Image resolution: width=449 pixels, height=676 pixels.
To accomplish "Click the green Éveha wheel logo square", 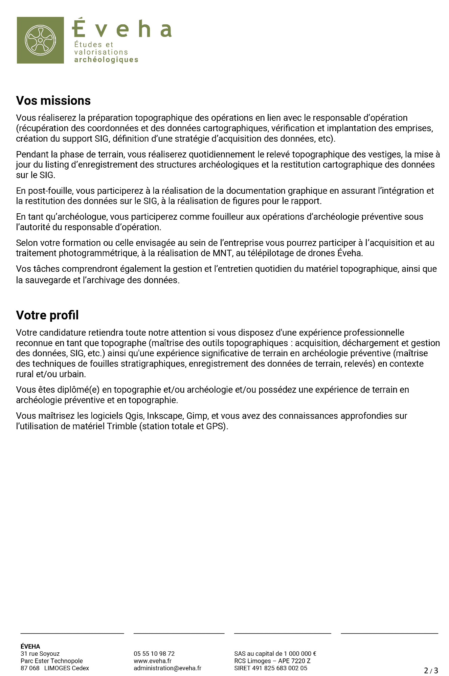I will (40, 40).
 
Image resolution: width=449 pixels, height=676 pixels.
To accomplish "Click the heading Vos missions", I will (53, 101).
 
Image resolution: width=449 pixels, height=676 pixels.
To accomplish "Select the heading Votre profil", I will (47, 315).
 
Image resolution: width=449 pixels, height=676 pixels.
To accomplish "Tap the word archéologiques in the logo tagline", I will (106, 60).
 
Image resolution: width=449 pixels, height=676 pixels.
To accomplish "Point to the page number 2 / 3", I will (431, 670).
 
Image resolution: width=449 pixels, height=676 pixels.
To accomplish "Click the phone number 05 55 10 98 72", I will (154, 654).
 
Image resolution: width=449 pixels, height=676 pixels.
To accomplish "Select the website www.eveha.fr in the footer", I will (152, 661).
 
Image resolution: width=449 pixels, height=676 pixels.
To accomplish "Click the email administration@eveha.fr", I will (167, 668).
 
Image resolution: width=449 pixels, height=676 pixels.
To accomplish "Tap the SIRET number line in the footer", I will (270, 668).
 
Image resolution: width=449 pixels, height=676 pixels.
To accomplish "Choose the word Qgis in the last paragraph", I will (134, 416).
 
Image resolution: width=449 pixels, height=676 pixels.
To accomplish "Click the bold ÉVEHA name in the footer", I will (30, 646).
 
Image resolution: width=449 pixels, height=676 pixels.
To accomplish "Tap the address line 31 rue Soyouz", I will (40, 654).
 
